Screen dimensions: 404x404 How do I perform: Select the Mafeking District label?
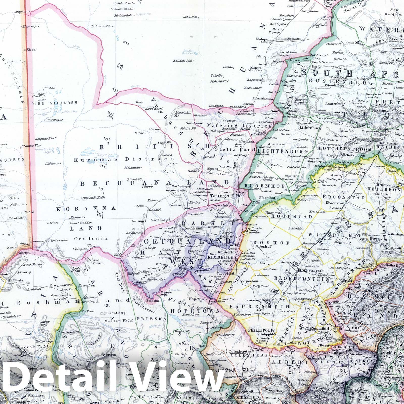(239, 125)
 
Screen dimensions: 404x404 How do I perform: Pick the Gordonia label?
(91, 238)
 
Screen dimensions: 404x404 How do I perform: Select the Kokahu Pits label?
(183, 61)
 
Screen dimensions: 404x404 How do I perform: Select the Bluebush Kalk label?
(94, 198)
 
